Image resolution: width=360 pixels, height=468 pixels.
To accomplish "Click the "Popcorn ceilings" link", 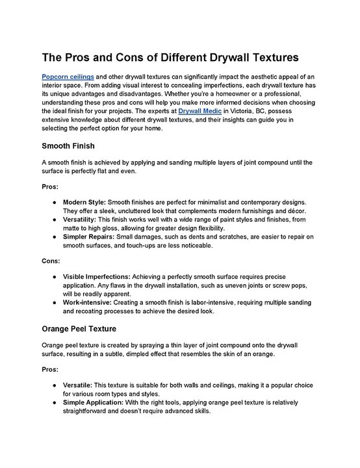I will (68, 76).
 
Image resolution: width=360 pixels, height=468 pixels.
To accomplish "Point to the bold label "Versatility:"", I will (84, 221).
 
